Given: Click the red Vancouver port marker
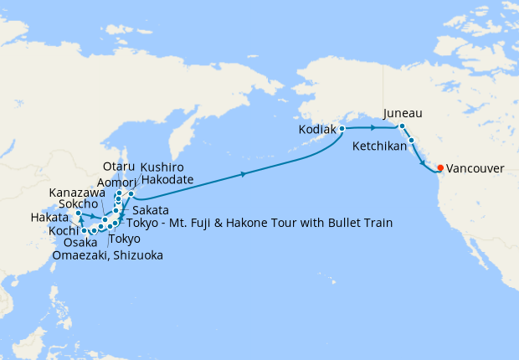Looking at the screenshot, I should (x=440, y=167).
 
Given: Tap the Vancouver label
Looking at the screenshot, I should (x=475, y=168).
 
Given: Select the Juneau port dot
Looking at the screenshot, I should (x=402, y=126).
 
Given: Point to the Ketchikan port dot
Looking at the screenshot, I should (x=412, y=141).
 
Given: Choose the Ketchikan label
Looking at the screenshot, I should (x=381, y=146).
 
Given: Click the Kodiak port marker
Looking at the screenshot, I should (x=342, y=129).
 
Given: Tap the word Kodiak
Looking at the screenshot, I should (x=316, y=131).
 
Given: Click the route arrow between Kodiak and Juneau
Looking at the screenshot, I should (x=373, y=128).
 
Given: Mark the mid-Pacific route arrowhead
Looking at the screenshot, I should (x=244, y=174).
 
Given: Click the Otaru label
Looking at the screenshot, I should (x=118, y=167).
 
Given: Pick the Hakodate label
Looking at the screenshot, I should (x=167, y=179).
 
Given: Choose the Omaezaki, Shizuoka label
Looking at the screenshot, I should (x=107, y=255).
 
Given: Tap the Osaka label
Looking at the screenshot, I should (x=80, y=242).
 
